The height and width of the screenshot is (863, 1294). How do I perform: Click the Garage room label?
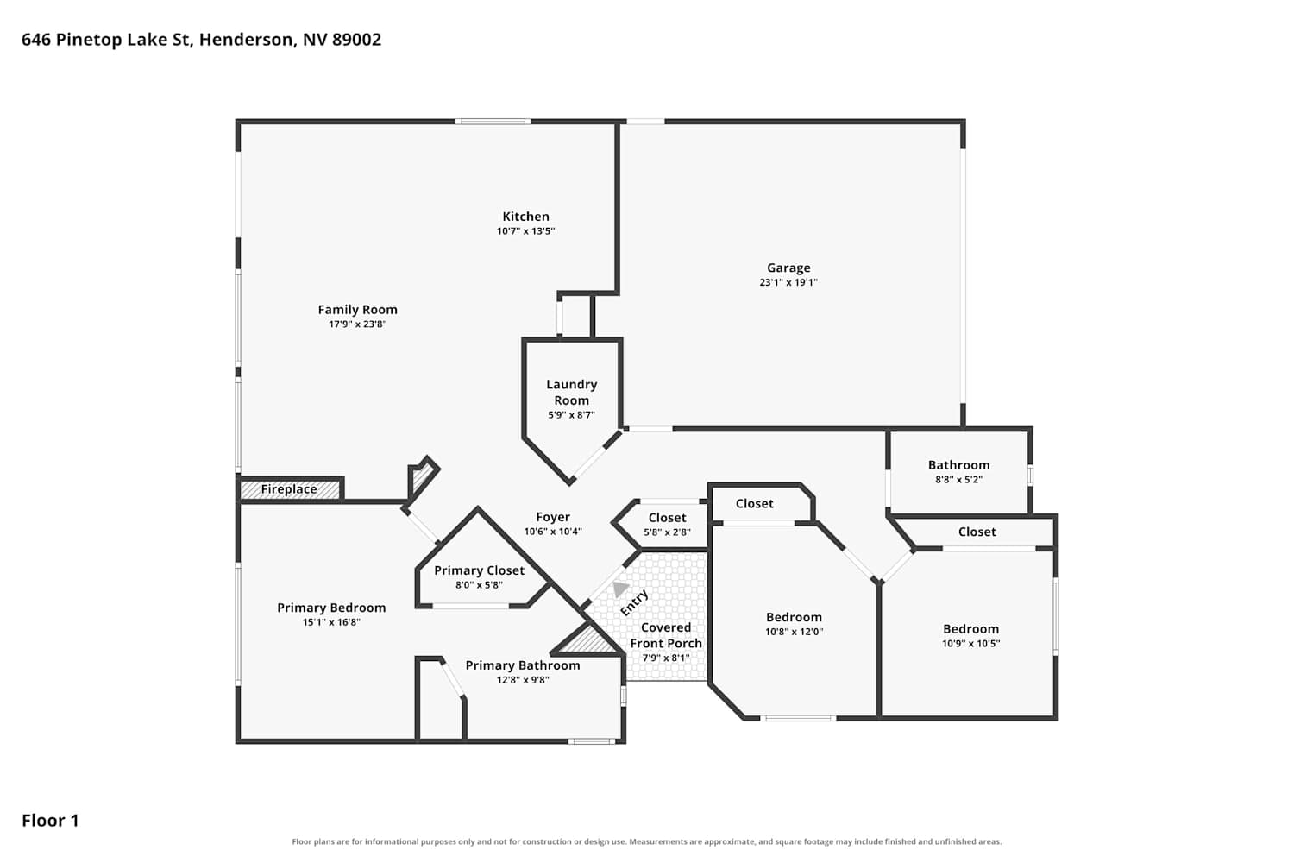click(788, 268)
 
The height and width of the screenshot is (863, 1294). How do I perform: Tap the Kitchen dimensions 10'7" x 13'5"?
click(525, 231)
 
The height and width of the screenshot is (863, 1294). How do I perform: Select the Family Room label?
click(358, 310)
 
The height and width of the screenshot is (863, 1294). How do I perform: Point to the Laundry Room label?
click(571, 392)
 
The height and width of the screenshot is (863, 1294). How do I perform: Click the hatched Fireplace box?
click(290, 489)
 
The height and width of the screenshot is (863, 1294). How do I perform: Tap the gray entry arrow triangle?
click(620, 589)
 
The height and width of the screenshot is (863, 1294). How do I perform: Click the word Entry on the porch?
click(634, 603)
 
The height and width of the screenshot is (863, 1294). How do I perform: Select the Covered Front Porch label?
click(666, 635)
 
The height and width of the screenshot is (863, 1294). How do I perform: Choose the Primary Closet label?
click(480, 570)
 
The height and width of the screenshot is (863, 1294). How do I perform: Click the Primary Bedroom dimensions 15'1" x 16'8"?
click(331, 622)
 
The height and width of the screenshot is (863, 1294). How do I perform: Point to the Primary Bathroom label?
click(523, 665)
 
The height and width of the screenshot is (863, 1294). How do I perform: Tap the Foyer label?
click(553, 517)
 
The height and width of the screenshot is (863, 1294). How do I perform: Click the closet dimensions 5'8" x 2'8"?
click(667, 532)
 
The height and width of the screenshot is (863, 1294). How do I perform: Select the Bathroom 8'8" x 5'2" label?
click(959, 465)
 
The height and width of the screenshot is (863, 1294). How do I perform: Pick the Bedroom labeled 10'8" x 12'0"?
click(794, 617)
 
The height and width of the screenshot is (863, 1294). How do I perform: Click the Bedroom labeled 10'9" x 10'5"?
click(970, 629)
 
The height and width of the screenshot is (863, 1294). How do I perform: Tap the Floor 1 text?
click(50, 821)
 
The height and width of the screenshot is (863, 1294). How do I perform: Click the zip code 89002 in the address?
click(356, 40)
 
